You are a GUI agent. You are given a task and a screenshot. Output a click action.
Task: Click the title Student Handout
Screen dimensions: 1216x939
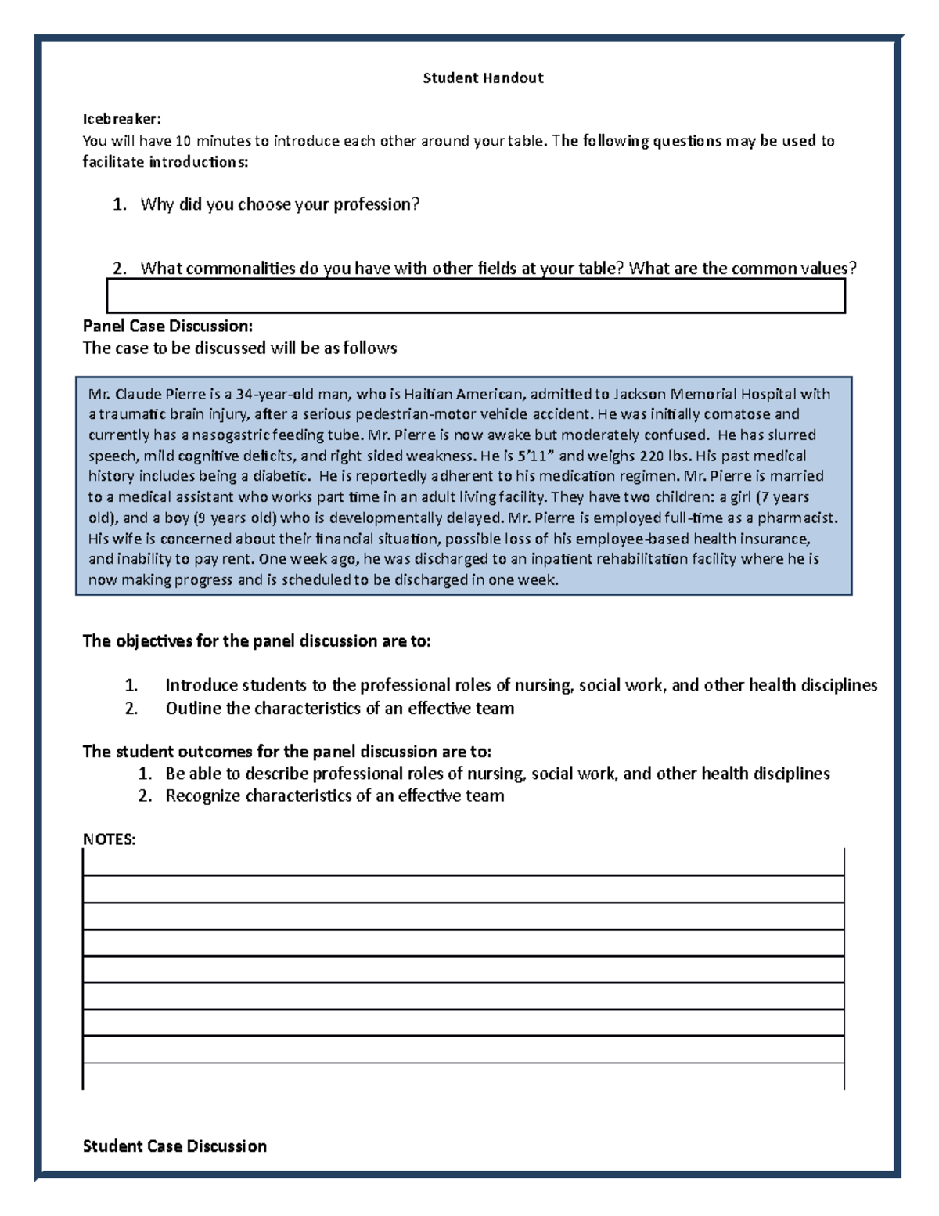[x=482, y=78]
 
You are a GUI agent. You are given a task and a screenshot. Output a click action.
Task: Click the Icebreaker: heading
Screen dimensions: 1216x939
[x=121, y=119]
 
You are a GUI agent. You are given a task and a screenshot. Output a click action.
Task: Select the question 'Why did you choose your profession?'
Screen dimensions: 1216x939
[x=279, y=205]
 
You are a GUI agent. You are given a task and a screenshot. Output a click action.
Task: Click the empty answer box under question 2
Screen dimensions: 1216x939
[x=475, y=296]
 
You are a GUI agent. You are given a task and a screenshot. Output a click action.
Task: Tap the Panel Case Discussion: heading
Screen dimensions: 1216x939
[x=167, y=326]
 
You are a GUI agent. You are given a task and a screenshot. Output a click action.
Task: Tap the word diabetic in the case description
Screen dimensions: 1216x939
[x=280, y=476]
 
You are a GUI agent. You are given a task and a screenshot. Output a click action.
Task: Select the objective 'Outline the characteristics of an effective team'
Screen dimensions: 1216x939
[x=340, y=709]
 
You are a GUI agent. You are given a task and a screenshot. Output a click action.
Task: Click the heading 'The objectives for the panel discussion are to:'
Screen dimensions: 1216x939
[x=257, y=641]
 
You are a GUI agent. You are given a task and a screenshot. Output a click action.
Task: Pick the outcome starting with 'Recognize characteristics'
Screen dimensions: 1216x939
[x=334, y=796]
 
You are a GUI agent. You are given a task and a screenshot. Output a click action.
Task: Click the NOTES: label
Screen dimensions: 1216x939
[x=109, y=839]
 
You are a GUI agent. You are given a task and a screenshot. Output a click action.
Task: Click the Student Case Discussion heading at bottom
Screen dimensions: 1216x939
[x=174, y=1146]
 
